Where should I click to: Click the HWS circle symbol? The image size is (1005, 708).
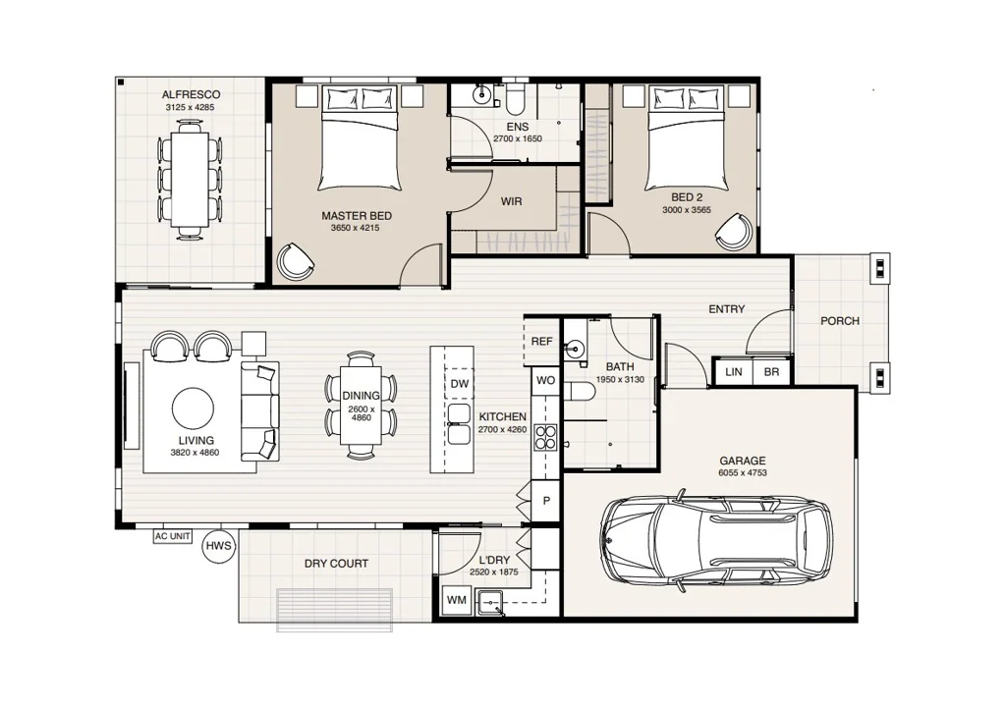coord(219,547)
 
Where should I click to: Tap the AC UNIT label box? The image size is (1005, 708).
coord(173,535)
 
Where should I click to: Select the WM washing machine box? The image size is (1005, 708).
coord(457,600)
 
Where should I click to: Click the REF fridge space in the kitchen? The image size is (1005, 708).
coord(541,342)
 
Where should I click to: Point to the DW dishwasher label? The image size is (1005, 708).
coord(460,384)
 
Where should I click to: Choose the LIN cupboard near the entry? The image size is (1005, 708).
coord(733,371)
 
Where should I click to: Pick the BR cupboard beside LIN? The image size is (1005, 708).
coord(772,371)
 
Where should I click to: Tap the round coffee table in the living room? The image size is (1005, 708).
coord(193,408)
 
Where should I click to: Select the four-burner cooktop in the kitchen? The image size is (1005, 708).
coord(545,438)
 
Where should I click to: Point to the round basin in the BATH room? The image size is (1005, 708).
coord(575,350)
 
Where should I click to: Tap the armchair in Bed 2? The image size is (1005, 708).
coord(734,232)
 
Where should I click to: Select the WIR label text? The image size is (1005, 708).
coord(511,201)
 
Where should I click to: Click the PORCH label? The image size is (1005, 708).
coord(840,320)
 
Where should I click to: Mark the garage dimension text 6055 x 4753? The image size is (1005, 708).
coord(743,473)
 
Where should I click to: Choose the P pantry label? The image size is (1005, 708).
coord(547,501)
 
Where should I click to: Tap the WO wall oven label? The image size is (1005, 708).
coord(545,380)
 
